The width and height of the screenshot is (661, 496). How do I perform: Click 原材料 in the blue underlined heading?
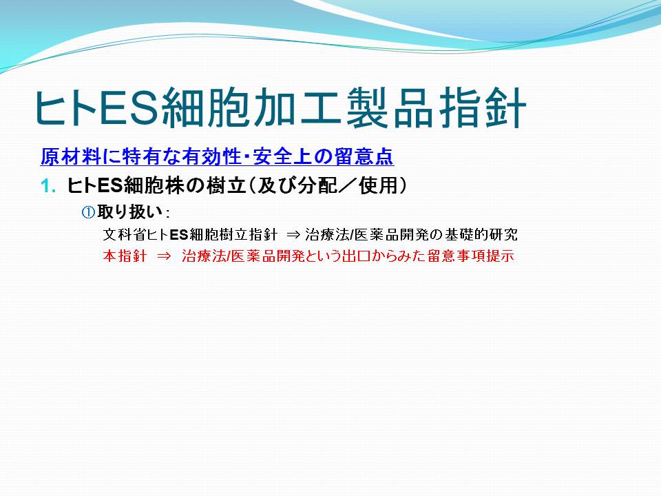pos(70,157)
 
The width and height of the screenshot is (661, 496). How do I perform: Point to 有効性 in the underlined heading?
pos(212,157)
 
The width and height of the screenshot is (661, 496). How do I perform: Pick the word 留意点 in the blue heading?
pos(364,157)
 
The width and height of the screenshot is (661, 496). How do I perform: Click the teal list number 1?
pos(48,186)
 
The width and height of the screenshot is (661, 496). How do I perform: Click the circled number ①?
pos(88,211)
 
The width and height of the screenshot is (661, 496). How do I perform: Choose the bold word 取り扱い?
pos(130,211)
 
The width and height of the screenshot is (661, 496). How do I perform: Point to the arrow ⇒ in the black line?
pos(293,235)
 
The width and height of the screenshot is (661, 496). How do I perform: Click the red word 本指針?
pos(125,256)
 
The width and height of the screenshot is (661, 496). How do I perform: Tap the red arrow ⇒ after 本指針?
pos(164,256)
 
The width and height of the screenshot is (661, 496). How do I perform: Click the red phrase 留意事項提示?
pos(471,256)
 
